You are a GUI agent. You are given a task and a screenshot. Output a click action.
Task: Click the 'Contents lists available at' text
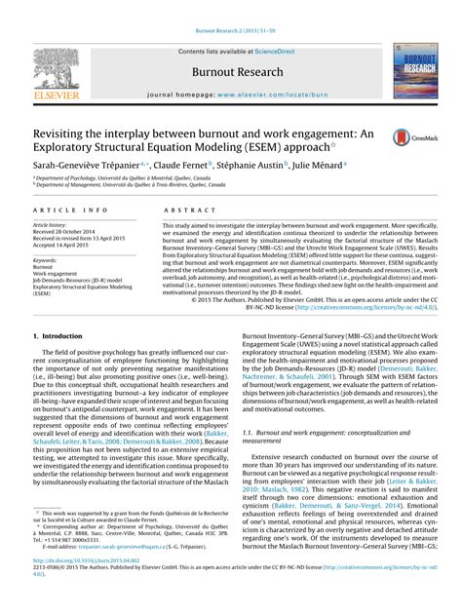216,49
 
